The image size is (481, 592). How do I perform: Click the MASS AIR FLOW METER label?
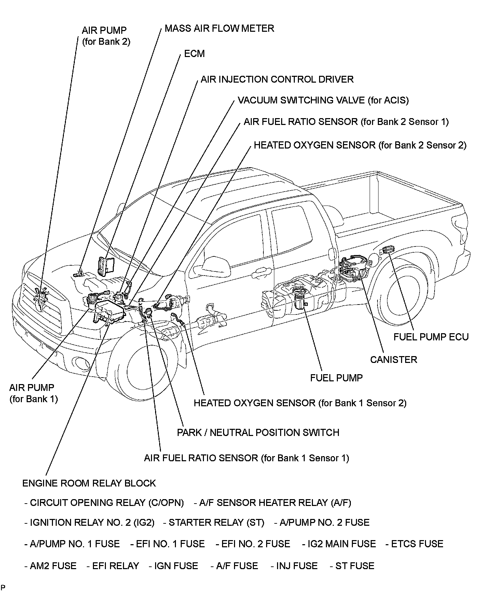(x=219, y=28)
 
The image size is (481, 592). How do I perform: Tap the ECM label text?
(x=194, y=54)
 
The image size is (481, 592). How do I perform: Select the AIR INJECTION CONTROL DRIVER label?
(x=277, y=80)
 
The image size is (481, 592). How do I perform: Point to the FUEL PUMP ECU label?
(x=431, y=337)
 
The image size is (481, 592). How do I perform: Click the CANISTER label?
(x=394, y=360)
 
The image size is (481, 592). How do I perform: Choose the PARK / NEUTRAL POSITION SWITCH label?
(x=258, y=433)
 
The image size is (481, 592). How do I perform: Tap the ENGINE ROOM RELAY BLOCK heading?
(x=89, y=483)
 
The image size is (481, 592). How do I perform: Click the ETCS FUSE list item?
(x=414, y=544)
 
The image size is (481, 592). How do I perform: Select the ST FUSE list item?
(x=352, y=566)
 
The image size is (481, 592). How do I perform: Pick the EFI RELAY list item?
(x=113, y=566)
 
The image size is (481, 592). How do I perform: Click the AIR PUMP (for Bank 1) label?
(x=33, y=393)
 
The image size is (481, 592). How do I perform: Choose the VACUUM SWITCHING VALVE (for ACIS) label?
(x=323, y=100)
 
